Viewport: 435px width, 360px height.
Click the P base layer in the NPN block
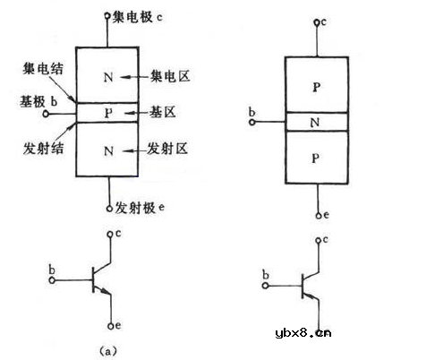pos(108,113)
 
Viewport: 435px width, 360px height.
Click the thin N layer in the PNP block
pos(315,121)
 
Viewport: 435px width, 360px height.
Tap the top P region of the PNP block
pos(315,88)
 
